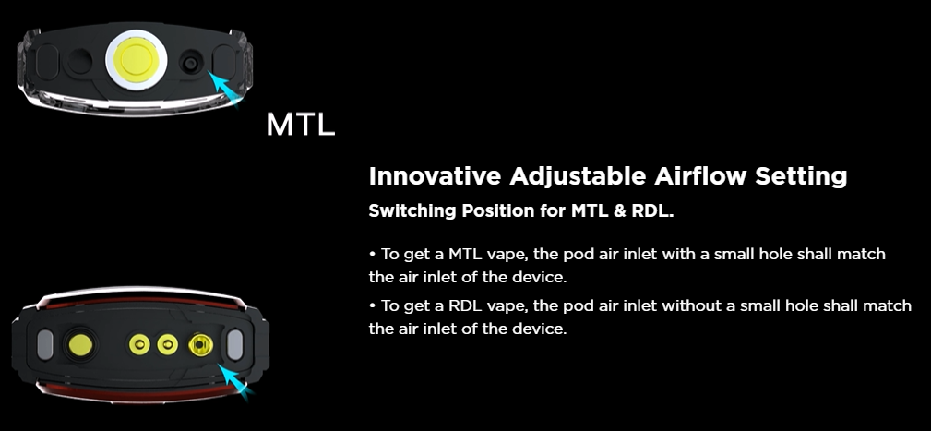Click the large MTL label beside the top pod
pos(301,124)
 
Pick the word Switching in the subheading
pos(412,211)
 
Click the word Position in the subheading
pos(499,210)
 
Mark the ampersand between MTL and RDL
pos(620,211)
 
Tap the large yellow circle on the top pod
pos(136,60)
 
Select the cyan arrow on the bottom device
pos(234,381)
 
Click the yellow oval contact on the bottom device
pos(80,344)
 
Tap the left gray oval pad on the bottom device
pos(45,345)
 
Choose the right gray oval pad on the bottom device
pos(235,345)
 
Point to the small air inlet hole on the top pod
pos(191,63)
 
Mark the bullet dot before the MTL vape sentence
pos(372,254)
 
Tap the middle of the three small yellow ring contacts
pos(167,344)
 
